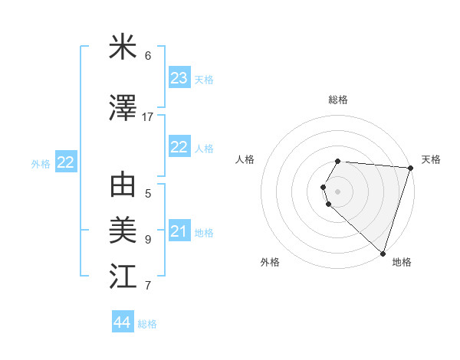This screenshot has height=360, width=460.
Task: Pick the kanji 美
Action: point(123,228)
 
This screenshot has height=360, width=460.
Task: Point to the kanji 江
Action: point(123,273)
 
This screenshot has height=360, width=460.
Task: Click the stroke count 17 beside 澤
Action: point(148,117)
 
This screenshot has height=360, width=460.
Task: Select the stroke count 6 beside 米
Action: point(148,56)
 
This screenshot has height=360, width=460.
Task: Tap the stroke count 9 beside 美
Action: point(148,239)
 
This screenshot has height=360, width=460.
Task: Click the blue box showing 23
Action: point(179,78)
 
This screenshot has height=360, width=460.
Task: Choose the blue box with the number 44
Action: point(122,322)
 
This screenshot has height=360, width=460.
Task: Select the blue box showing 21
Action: point(179,231)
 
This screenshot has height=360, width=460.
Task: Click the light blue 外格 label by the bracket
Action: point(41,163)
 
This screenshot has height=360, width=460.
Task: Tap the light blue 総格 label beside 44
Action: point(147,324)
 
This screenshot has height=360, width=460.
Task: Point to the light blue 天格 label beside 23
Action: point(204,80)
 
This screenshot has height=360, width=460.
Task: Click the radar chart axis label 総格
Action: point(338,100)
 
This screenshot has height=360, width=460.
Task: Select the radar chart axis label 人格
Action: point(245,159)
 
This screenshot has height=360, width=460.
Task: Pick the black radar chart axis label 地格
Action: point(402,262)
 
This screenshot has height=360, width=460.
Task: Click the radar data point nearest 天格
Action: point(410,168)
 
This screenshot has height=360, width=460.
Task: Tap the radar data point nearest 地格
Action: point(383,253)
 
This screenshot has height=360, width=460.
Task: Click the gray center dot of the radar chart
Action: point(338,191)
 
